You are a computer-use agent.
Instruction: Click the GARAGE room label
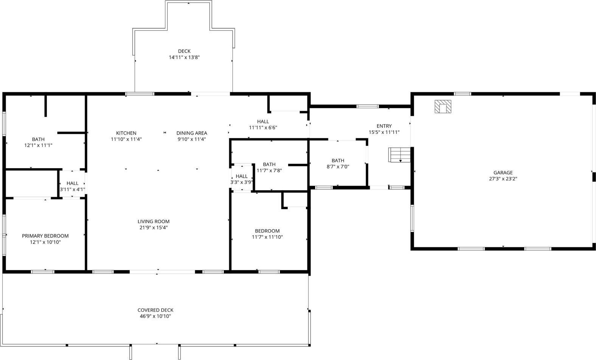click(x=503, y=172)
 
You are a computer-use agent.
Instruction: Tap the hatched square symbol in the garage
click(x=442, y=106)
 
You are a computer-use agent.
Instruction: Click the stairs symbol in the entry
click(x=399, y=155)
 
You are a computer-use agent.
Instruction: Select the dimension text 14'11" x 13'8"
click(x=184, y=57)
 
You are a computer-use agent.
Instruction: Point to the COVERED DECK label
click(x=155, y=310)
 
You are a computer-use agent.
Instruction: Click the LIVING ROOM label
click(x=154, y=222)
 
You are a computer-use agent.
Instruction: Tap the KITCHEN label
click(x=126, y=133)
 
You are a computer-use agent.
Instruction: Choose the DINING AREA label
click(x=192, y=133)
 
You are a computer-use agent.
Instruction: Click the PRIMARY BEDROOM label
click(x=45, y=236)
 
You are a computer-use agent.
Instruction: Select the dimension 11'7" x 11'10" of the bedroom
click(x=267, y=237)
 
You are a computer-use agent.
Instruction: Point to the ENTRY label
click(x=384, y=126)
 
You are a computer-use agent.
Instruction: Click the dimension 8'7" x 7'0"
click(x=338, y=167)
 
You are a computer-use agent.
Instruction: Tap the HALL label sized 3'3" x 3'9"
click(x=242, y=176)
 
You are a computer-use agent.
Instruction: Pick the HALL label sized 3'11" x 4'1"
click(x=72, y=183)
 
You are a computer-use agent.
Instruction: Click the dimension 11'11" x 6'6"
click(x=263, y=127)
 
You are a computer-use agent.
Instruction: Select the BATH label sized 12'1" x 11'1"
click(x=38, y=139)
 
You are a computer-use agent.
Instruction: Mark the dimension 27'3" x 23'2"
click(x=503, y=179)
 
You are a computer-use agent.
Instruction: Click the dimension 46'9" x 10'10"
click(x=155, y=316)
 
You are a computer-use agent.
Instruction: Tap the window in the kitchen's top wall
click(x=140, y=93)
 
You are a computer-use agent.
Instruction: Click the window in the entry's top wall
click(x=368, y=106)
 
